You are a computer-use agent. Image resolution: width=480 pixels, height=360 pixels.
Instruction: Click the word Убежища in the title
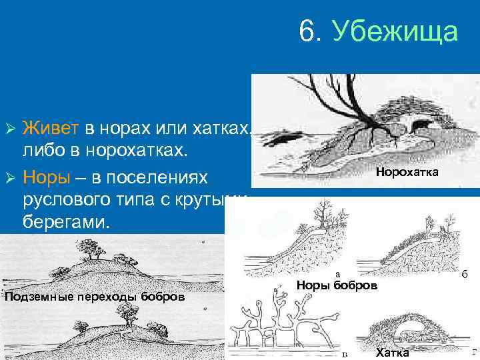point(395,31)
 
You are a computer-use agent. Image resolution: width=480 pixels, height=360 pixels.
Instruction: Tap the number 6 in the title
point(307,31)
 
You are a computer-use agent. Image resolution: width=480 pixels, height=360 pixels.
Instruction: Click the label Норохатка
point(407,173)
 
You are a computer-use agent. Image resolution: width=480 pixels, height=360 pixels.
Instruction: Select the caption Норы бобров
point(337,285)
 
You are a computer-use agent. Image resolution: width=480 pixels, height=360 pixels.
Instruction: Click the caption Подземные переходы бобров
point(95,297)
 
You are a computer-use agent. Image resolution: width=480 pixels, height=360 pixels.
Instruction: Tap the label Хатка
point(393,353)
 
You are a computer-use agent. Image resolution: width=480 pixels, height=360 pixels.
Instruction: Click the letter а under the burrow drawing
point(339,273)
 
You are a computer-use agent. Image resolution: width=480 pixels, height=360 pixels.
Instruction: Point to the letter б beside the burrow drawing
point(464,275)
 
